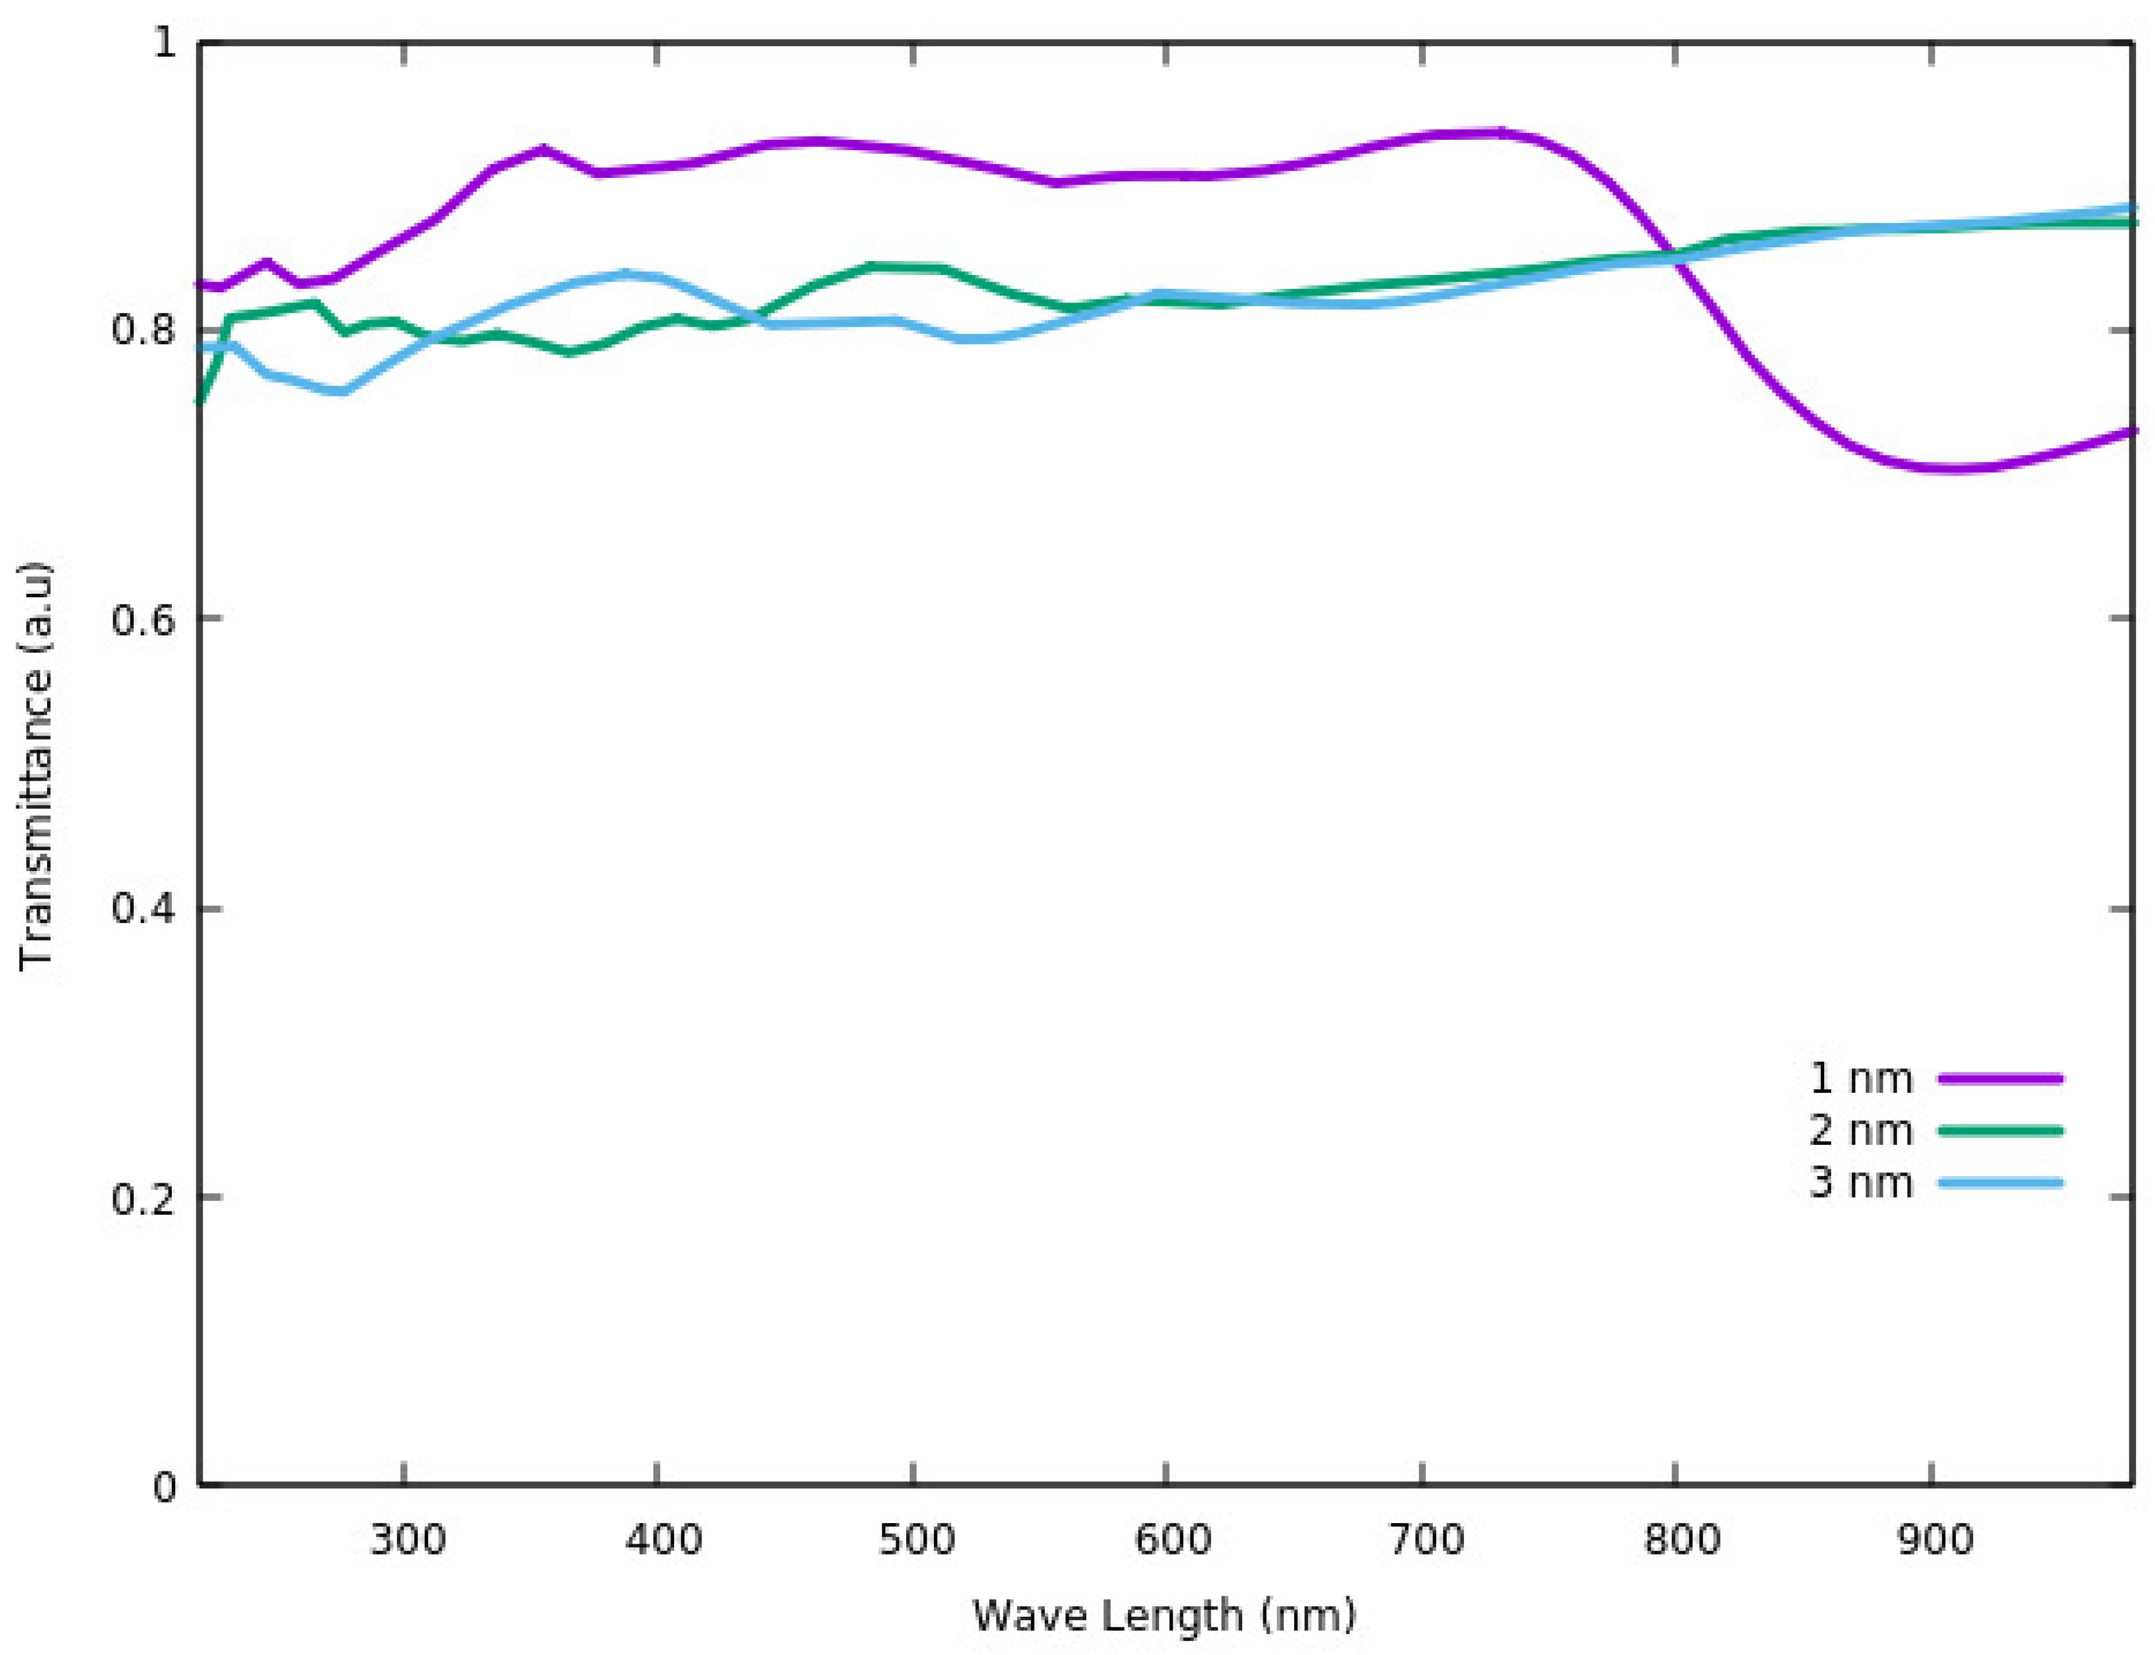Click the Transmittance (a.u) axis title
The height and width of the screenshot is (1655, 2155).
pyautogui.click(x=37, y=766)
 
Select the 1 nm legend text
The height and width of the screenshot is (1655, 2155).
pyautogui.click(x=1861, y=1079)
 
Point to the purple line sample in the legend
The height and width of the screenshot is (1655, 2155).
pyautogui.click(x=1999, y=1079)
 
